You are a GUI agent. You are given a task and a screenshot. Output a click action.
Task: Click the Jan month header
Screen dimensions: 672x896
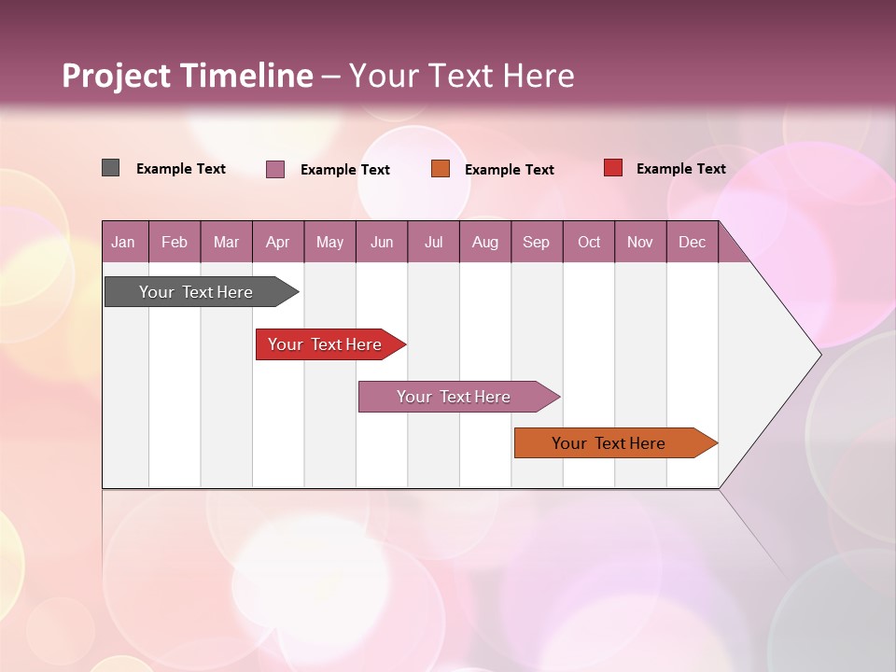coord(123,242)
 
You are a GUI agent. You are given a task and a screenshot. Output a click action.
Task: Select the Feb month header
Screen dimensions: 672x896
coord(175,242)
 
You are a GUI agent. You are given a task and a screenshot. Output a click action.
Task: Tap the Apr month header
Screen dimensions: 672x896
coord(277,242)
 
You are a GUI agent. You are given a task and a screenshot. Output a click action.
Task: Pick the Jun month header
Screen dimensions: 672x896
coord(382,242)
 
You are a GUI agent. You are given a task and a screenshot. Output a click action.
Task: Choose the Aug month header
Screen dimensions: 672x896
coord(484,242)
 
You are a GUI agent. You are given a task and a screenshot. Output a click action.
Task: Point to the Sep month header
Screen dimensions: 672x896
coord(536,242)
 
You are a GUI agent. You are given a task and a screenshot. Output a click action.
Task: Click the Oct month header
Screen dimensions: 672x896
coord(589,242)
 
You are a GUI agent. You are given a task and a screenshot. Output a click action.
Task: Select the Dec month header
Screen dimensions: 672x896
coord(692,242)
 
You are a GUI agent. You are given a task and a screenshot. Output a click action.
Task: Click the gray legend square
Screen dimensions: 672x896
coord(111,168)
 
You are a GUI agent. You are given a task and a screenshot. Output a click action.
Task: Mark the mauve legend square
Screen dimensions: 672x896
coord(275,169)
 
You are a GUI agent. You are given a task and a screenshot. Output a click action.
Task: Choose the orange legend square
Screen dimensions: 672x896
coord(441,169)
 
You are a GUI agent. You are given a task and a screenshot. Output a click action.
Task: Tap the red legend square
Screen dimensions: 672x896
coord(613,168)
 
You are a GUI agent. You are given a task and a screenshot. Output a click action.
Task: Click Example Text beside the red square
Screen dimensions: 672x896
coord(680,169)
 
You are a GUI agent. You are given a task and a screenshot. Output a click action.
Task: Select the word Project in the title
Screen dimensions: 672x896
coord(116,76)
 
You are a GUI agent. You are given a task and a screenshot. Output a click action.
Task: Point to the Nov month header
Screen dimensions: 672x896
coord(640,242)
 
